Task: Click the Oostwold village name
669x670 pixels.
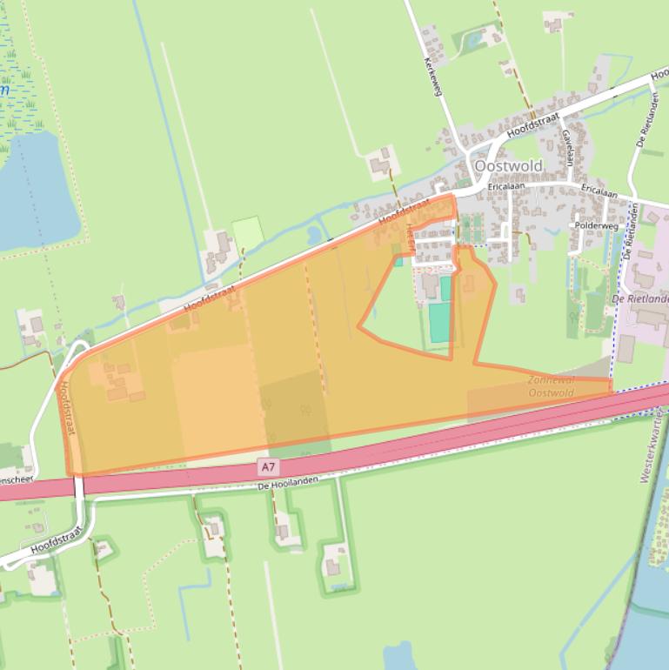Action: click(x=507, y=165)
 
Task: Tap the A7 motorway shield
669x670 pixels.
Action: click(x=268, y=468)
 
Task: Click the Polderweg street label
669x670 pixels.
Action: click(x=596, y=225)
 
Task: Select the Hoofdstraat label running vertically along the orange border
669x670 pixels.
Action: click(x=66, y=408)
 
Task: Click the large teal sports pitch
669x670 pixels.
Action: click(x=439, y=322)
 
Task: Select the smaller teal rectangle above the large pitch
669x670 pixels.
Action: click(x=445, y=288)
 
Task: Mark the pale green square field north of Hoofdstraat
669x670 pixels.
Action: click(x=247, y=232)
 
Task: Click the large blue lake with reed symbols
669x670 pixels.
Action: click(x=35, y=191)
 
